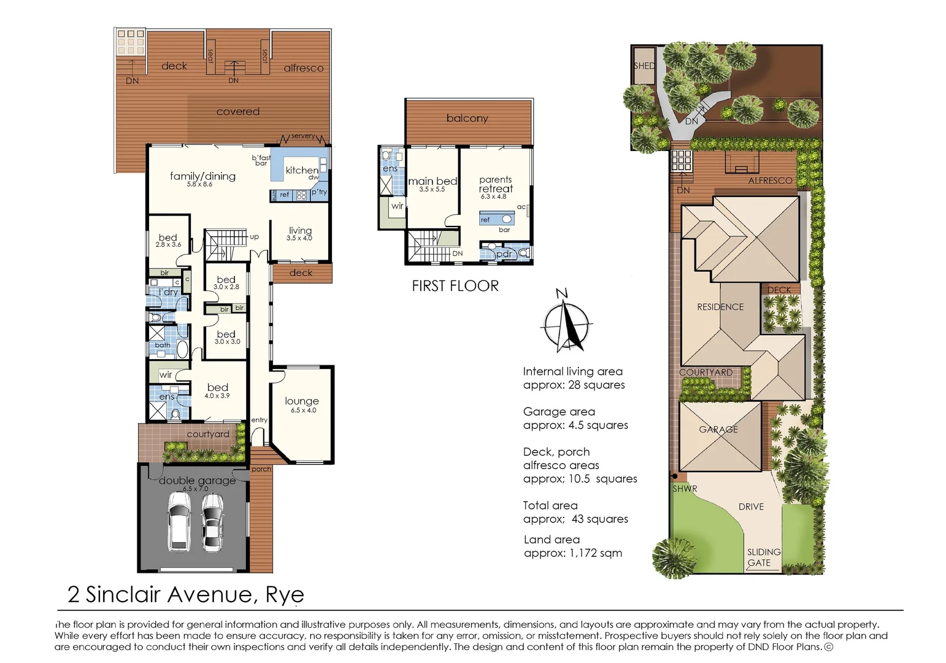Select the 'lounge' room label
coord(302,401)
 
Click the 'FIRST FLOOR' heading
coord(455,286)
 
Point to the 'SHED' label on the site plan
coord(644,66)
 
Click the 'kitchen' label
coord(302,170)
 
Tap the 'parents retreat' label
coord(496,185)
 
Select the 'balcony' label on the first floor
coord(467,118)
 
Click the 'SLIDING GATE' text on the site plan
coord(763,557)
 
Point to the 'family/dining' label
coord(202,176)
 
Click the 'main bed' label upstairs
coord(433,181)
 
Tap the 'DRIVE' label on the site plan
coord(751,507)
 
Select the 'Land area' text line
coord(552,540)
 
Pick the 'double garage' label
coord(197,481)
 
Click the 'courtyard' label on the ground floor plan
coord(208,434)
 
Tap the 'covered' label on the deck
coord(238,112)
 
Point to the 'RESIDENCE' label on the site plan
coord(720,307)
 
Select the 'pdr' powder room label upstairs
coord(504,254)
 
